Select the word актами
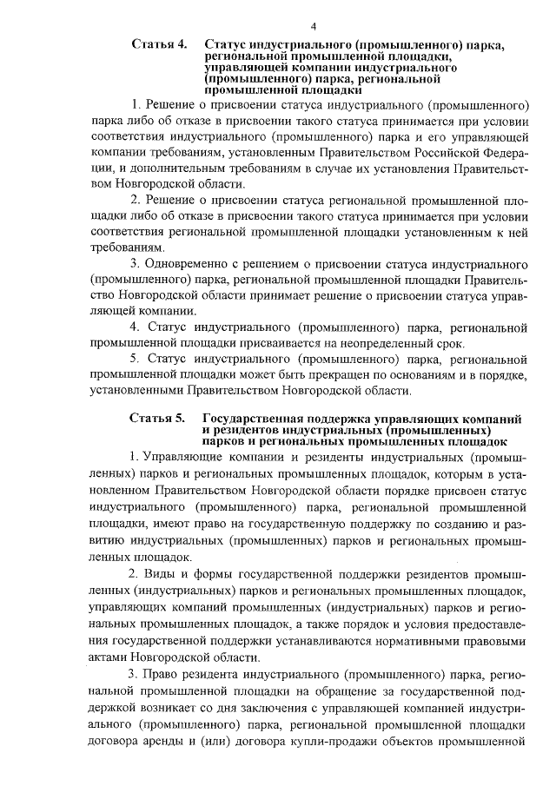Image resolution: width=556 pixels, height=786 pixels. (112, 657)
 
